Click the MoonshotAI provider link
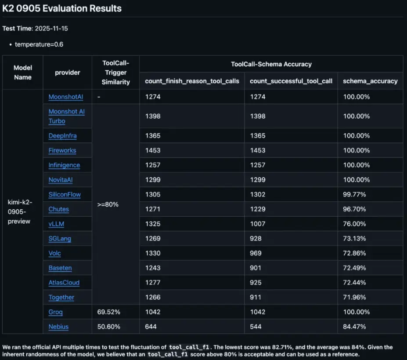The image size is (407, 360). [x=65, y=97]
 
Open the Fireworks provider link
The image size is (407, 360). [x=62, y=150]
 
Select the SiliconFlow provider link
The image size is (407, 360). [x=65, y=194]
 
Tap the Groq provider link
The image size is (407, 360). [x=56, y=312]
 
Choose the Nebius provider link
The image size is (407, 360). [x=58, y=327]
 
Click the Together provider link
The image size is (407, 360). [x=61, y=297]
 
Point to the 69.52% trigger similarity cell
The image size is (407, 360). [x=108, y=312]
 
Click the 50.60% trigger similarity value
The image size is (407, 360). [x=108, y=327]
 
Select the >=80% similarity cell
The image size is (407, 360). [x=108, y=204]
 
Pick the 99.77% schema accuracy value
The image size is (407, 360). [x=354, y=194]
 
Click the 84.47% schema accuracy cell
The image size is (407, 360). [x=354, y=327]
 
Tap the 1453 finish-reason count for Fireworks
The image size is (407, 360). [x=153, y=150]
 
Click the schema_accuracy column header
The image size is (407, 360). [x=370, y=81]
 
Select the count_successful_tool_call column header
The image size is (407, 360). [x=291, y=81]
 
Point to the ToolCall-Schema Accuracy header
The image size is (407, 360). [x=271, y=64]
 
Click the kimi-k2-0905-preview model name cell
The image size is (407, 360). [x=21, y=211]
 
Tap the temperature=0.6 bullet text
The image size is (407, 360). [x=39, y=44]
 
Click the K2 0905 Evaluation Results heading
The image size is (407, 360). [x=62, y=8]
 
